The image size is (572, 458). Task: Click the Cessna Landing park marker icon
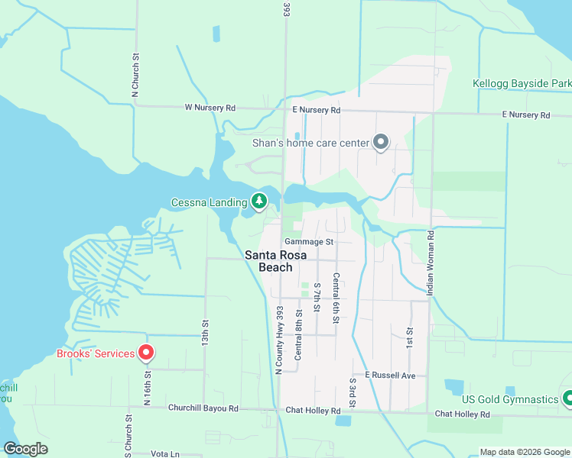[x=260, y=202]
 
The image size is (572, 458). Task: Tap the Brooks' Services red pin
[x=145, y=353]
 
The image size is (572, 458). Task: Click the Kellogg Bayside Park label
[x=522, y=82]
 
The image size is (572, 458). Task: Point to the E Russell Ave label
[x=389, y=376]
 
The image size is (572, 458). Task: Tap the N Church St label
[x=135, y=75]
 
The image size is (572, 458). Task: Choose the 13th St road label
[x=205, y=333]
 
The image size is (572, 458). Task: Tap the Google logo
[x=26, y=449]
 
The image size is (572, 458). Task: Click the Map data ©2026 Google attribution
[x=525, y=452]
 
